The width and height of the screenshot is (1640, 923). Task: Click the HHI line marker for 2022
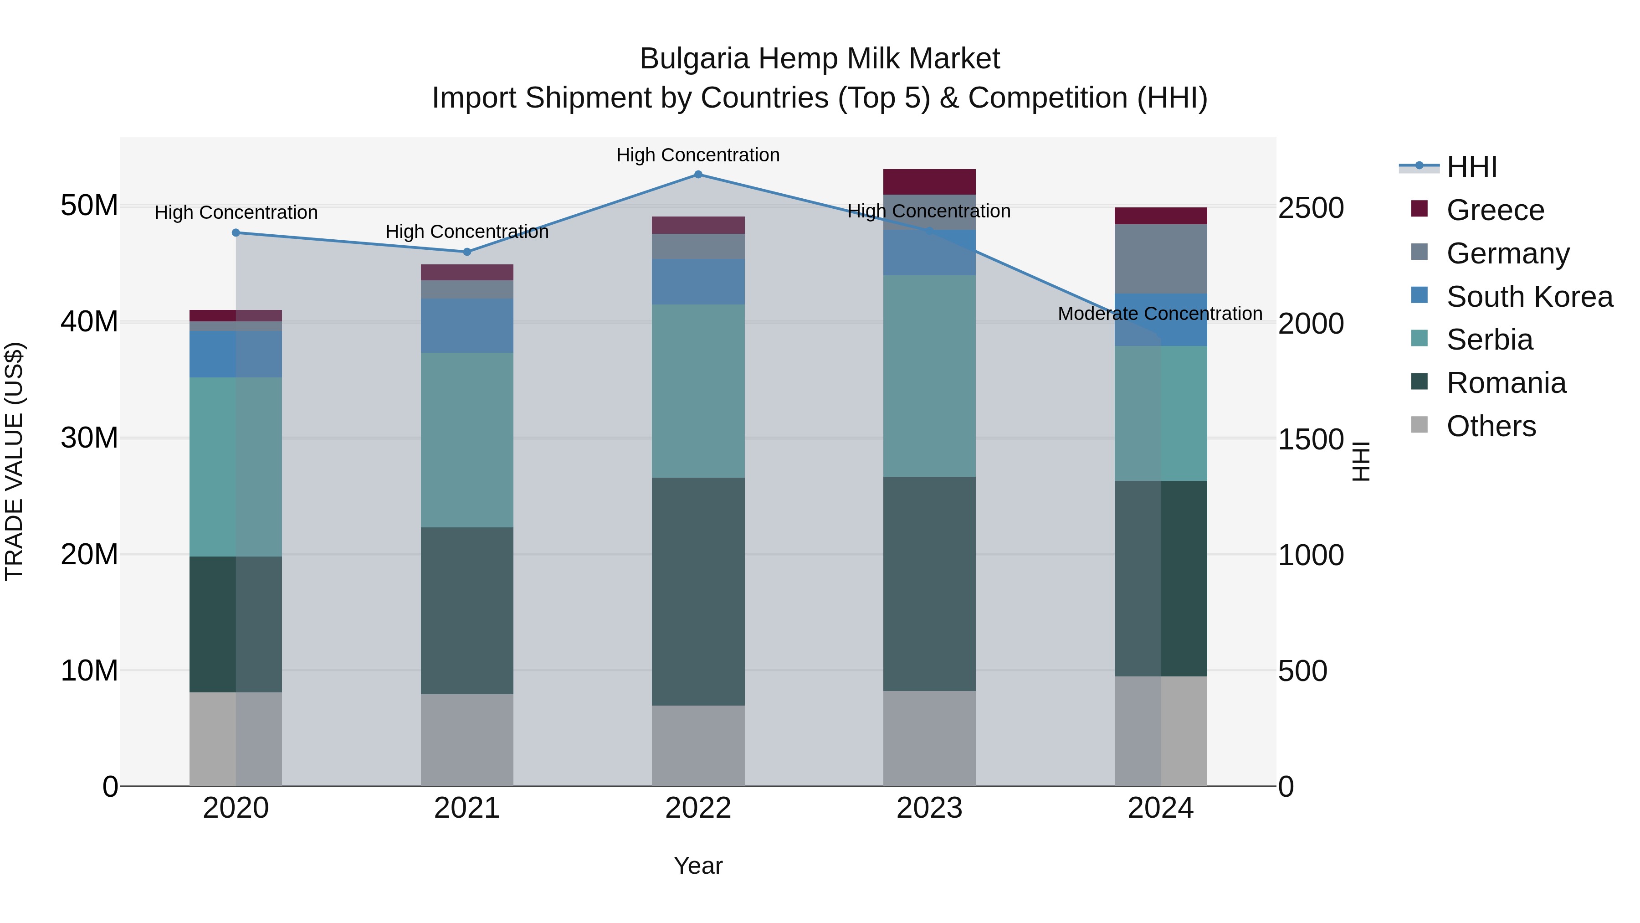pyautogui.click(x=698, y=175)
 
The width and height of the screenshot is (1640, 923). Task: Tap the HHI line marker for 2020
pyautogui.click(x=236, y=233)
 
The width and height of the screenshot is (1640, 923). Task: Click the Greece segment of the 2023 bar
pyautogui.click(x=929, y=181)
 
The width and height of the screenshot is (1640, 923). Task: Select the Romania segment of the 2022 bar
pyautogui.click(x=698, y=591)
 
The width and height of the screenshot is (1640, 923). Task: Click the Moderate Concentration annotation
pyautogui.click(x=1159, y=314)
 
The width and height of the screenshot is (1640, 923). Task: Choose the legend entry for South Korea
pyautogui.click(x=1529, y=297)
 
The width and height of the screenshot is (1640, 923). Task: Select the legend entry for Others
pyautogui.click(x=1491, y=426)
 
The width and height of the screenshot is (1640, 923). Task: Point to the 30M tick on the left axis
pyautogui.click(x=89, y=438)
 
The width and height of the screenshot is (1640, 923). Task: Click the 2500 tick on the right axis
pyautogui.click(x=1310, y=208)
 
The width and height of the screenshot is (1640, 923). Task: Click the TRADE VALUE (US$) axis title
pyautogui.click(x=14, y=461)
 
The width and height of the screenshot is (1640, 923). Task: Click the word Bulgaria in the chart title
pyautogui.click(x=694, y=59)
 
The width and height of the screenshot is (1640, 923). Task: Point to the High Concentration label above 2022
pyautogui.click(x=698, y=155)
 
